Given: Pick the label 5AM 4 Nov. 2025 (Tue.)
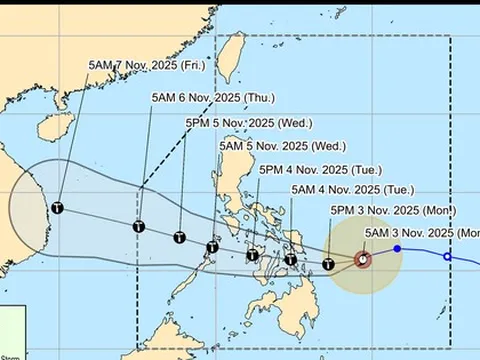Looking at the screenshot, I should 339,190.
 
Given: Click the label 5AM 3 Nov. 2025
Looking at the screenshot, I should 420,233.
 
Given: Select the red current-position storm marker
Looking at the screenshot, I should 363,260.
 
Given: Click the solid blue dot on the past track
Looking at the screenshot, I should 397,248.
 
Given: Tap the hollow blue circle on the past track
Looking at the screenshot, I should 447,257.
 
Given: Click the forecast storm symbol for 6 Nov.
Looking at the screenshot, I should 139,227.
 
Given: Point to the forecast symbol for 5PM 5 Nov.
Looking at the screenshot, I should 179,238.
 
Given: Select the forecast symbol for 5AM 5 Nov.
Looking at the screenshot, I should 213,247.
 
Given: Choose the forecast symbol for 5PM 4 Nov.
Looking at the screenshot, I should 255,255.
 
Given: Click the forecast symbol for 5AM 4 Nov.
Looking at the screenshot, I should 290,260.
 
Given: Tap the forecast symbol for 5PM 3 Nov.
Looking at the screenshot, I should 328,265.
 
